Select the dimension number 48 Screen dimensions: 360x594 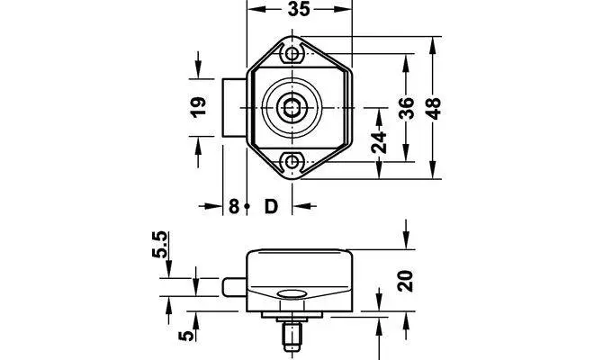[433, 107]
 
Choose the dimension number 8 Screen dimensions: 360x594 [233, 206]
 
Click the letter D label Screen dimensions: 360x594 [270, 206]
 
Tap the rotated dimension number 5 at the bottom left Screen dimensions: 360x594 [184, 336]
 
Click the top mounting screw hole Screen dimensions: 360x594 [292, 54]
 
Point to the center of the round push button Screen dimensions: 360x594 [292, 108]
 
